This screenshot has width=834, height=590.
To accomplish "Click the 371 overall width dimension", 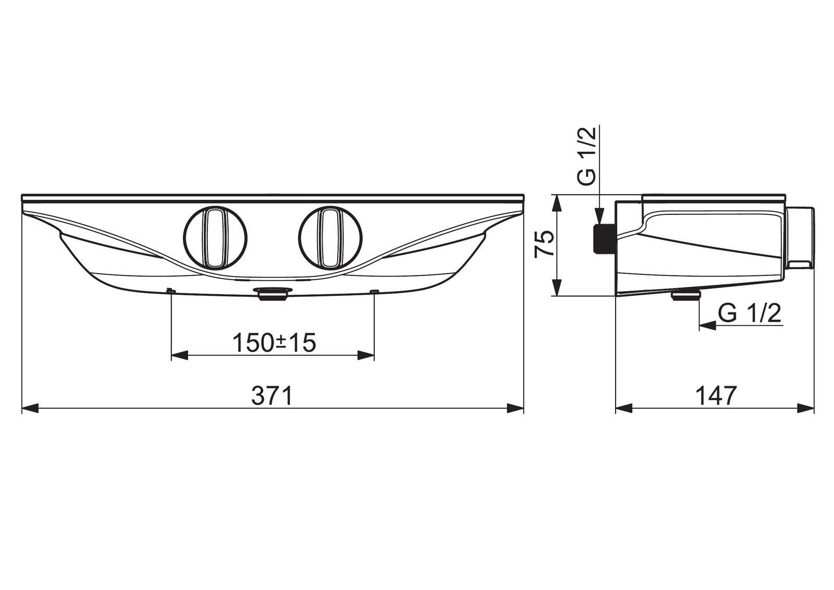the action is (272, 395).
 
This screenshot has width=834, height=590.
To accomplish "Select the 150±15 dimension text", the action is (274, 343).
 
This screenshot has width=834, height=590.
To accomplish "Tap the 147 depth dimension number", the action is (716, 395).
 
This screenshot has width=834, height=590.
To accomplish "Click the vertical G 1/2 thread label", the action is (586, 156).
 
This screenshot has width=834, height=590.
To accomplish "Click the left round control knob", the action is (215, 237).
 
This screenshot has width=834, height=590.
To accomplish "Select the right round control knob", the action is (330, 237).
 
